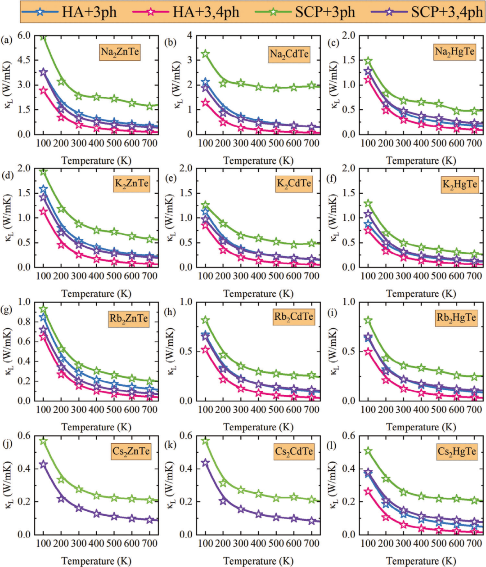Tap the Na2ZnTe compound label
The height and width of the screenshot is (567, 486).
pyautogui.click(x=120, y=52)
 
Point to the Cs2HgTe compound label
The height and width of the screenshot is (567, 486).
pyautogui.click(x=456, y=451)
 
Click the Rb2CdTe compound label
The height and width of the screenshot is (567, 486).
pyautogui.click(x=293, y=317)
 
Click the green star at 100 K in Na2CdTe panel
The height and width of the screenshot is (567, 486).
pyautogui.click(x=205, y=54)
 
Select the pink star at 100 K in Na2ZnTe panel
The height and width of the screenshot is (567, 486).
pyautogui.click(x=43, y=90)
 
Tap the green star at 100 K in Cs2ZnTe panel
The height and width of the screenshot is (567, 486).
pyautogui.click(x=43, y=441)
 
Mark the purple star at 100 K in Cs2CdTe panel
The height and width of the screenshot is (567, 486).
pyautogui.click(x=205, y=463)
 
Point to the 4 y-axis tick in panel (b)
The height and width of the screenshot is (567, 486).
pyautogui.click(x=189, y=36)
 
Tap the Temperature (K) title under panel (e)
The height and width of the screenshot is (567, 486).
pyautogui.click(x=258, y=294)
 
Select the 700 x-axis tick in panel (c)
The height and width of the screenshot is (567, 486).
pyautogui.click(x=474, y=143)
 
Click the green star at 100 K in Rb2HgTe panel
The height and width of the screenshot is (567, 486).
pyautogui.click(x=368, y=321)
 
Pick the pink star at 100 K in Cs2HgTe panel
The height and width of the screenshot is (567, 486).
pyautogui.click(x=368, y=491)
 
